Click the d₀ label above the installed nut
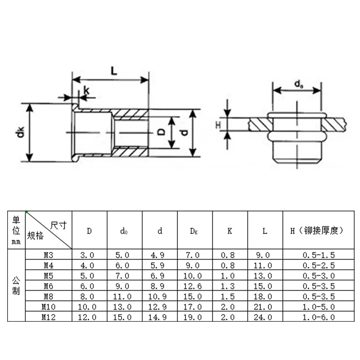(298, 84)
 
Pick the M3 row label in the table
(49, 255)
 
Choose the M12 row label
(49, 317)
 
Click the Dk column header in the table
(194, 231)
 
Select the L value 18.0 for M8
(265, 297)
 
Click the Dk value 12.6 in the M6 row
(194, 286)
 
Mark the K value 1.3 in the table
(229, 286)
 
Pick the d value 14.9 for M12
(160, 317)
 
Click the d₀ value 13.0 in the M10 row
(125, 307)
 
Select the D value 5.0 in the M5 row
(90, 276)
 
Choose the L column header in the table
(265, 231)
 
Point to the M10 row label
(49, 306)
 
